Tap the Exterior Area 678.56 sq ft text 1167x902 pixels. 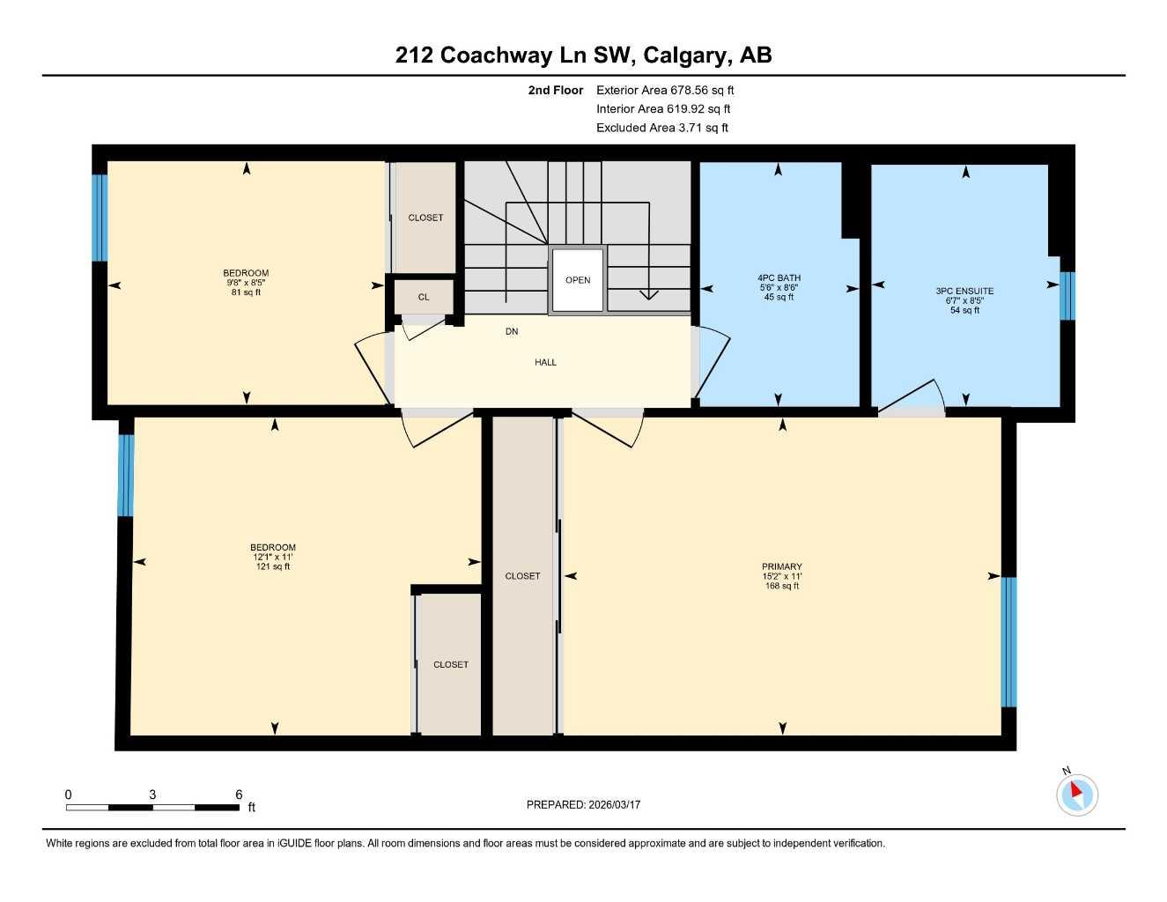664,90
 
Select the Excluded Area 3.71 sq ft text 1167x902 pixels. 661,128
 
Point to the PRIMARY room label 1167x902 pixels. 781,567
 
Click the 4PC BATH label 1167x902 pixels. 779,278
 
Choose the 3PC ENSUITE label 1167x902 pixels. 964,292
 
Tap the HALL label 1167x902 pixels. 545,362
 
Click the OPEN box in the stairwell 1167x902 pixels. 578,280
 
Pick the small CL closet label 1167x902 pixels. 424,297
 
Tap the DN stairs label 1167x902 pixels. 512,332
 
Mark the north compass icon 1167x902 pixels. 1076,794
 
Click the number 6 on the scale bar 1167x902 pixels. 239,795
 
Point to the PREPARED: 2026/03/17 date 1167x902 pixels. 583,804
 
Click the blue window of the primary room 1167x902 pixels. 1009,641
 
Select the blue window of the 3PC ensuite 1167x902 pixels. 1067,296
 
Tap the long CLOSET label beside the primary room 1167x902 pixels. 522,576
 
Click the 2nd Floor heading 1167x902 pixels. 555,90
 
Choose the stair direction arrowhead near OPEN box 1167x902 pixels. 648,294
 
